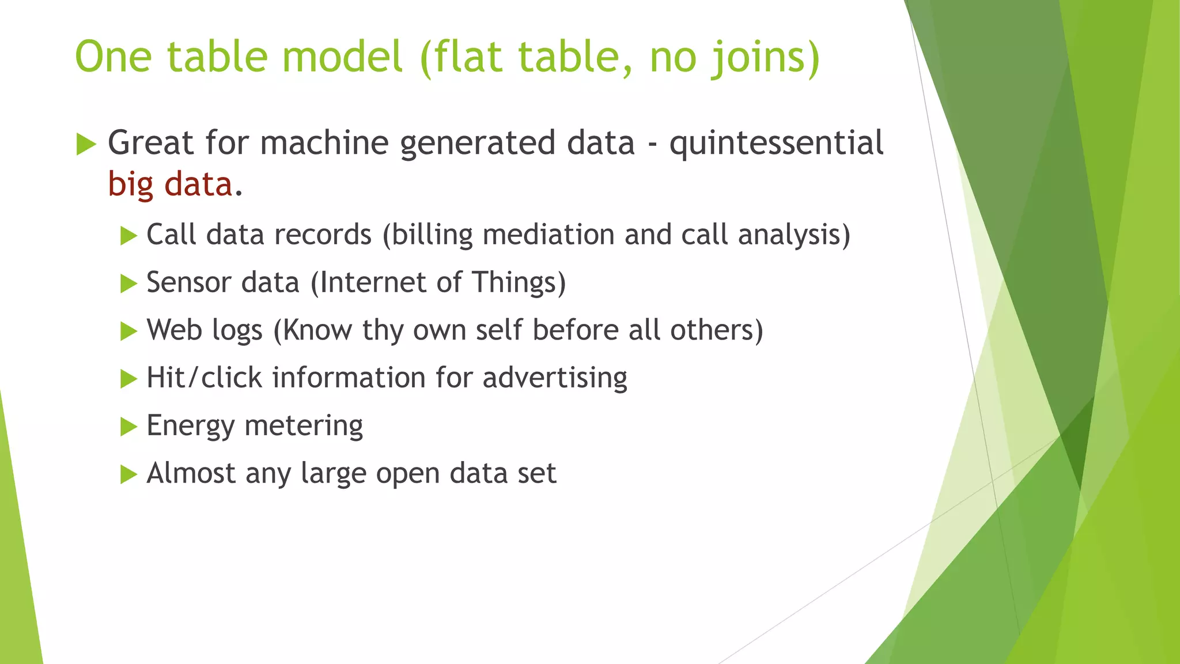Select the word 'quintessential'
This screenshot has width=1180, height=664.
(x=776, y=143)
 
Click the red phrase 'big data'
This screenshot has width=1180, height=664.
(x=171, y=184)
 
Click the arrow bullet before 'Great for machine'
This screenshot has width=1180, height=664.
(x=86, y=144)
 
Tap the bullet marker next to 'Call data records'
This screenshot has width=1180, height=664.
(x=128, y=236)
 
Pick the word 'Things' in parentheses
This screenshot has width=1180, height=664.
(x=514, y=282)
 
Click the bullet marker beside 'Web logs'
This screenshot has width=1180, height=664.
(x=128, y=331)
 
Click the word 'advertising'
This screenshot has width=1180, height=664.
(x=554, y=378)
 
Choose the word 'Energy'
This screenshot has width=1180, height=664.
(x=190, y=427)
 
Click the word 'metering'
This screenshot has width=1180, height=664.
(x=304, y=427)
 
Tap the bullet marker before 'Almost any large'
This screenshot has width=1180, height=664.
(x=128, y=475)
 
